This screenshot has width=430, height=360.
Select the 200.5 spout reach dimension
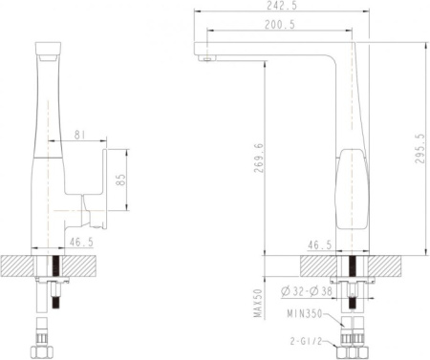[279, 26]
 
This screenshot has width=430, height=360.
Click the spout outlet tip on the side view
[204, 58]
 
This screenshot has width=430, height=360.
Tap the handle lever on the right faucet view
[352, 181]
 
